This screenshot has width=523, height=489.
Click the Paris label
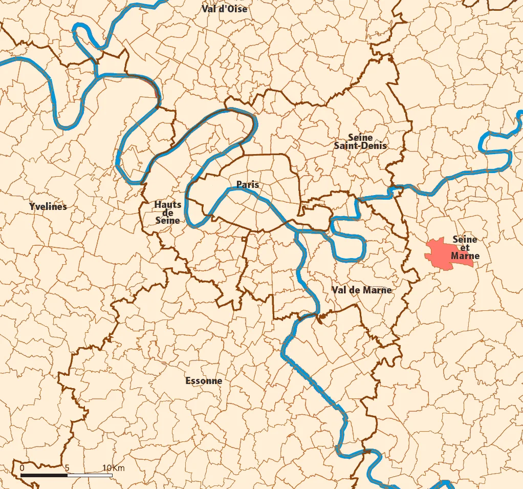(x=247, y=184)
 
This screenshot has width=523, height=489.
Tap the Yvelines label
(x=48, y=206)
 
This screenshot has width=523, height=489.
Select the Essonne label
(x=204, y=380)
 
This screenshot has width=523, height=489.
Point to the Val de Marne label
(x=361, y=290)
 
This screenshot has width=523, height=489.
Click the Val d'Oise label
(x=224, y=9)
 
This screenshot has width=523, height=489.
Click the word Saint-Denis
(x=360, y=145)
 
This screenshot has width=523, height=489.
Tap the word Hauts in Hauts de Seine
(x=168, y=205)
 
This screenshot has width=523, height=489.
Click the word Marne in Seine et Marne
(x=465, y=256)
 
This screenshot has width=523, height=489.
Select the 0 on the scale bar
(x=21, y=468)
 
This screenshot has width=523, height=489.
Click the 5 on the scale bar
(x=67, y=468)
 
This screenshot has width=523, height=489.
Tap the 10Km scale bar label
(x=113, y=468)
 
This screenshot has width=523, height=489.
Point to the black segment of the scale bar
(x=44, y=475)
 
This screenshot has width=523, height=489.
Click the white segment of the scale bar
(x=90, y=475)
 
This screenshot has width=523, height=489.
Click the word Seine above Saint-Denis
(x=360, y=137)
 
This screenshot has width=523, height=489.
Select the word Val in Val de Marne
(x=340, y=290)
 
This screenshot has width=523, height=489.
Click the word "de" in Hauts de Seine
(x=168, y=213)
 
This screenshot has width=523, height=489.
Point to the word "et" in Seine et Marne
(x=465, y=248)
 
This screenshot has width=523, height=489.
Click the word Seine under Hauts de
(x=168, y=220)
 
